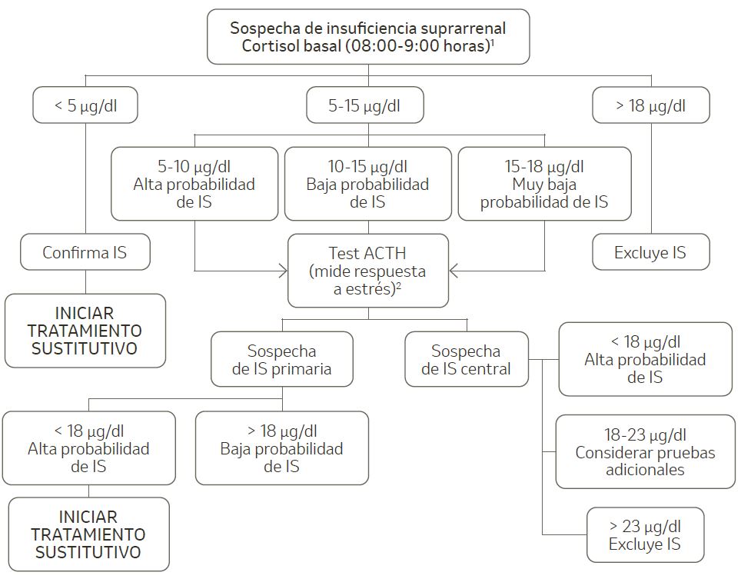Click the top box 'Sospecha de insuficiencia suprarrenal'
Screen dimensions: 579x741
click(368, 36)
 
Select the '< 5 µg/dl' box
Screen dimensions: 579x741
click(85, 106)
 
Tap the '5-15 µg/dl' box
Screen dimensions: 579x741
click(364, 106)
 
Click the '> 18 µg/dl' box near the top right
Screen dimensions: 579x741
click(650, 106)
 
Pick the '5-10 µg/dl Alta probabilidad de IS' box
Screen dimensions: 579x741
click(194, 184)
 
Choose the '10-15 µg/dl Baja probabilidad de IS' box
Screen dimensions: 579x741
click(367, 184)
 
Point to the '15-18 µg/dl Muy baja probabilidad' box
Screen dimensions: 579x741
click(544, 184)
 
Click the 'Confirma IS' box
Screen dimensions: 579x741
click(85, 252)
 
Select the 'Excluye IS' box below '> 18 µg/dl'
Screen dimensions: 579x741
click(650, 252)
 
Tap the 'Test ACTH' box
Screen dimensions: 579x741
click(367, 271)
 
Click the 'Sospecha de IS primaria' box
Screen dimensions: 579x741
click(281, 359)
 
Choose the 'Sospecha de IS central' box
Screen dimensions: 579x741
click(467, 359)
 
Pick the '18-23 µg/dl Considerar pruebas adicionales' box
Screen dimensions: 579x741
click(645, 451)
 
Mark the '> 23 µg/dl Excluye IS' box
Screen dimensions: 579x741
click(645, 535)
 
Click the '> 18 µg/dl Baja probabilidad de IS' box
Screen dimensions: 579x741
click(281, 448)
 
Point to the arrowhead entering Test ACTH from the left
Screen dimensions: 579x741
click(283, 271)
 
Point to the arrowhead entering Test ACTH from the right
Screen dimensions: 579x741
click(454, 271)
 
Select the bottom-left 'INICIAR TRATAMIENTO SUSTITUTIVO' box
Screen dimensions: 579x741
click(88, 534)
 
